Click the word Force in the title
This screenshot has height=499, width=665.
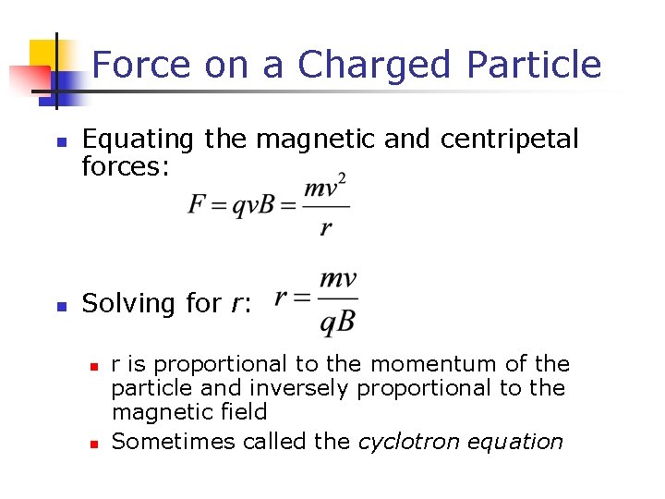tap(141, 65)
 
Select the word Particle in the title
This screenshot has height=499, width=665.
tap(534, 65)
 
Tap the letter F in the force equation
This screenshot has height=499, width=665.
tap(197, 204)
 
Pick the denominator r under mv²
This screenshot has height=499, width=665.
tap(325, 227)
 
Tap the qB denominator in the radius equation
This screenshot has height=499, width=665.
tap(337, 323)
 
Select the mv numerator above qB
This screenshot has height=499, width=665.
tap(337, 280)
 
